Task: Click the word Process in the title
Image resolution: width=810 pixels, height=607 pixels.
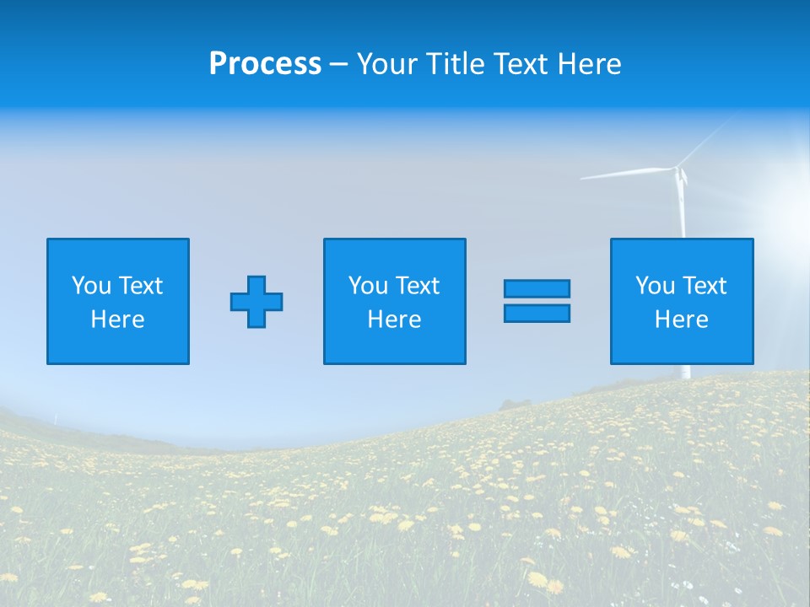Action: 265,64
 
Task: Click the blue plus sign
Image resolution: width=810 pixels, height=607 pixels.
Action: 256,302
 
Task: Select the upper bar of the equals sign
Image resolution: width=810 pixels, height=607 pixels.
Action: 537,289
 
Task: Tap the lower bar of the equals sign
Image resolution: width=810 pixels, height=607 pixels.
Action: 537,314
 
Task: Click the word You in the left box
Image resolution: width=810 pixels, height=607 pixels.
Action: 92,286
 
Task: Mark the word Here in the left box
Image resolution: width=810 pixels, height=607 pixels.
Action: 117,320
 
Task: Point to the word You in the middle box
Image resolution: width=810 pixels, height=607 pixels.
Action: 369,286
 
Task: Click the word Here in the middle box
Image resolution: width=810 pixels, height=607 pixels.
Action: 394,320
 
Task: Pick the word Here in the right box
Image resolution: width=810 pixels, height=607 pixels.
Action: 681,320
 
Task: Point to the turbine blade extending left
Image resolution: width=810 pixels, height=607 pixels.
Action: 624,175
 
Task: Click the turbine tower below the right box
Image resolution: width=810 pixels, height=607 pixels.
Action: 685,372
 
